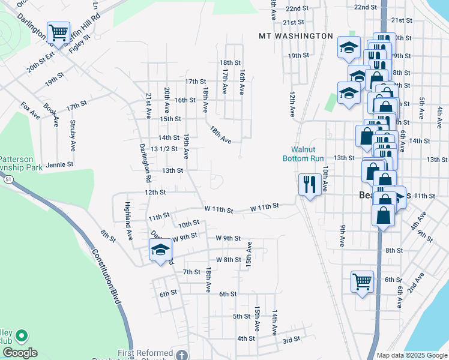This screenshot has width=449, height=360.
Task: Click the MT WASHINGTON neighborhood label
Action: click(295, 36)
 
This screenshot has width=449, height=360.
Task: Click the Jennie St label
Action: click(59, 164)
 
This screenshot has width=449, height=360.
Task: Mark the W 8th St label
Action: click(228, 260)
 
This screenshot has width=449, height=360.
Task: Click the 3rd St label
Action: click(291, 340)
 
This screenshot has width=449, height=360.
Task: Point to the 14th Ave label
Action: click(274, 322)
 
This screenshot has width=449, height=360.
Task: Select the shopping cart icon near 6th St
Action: click(362, 281)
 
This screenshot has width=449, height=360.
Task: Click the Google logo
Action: click(20, 353)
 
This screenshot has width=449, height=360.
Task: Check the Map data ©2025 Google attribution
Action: click(411, 355)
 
